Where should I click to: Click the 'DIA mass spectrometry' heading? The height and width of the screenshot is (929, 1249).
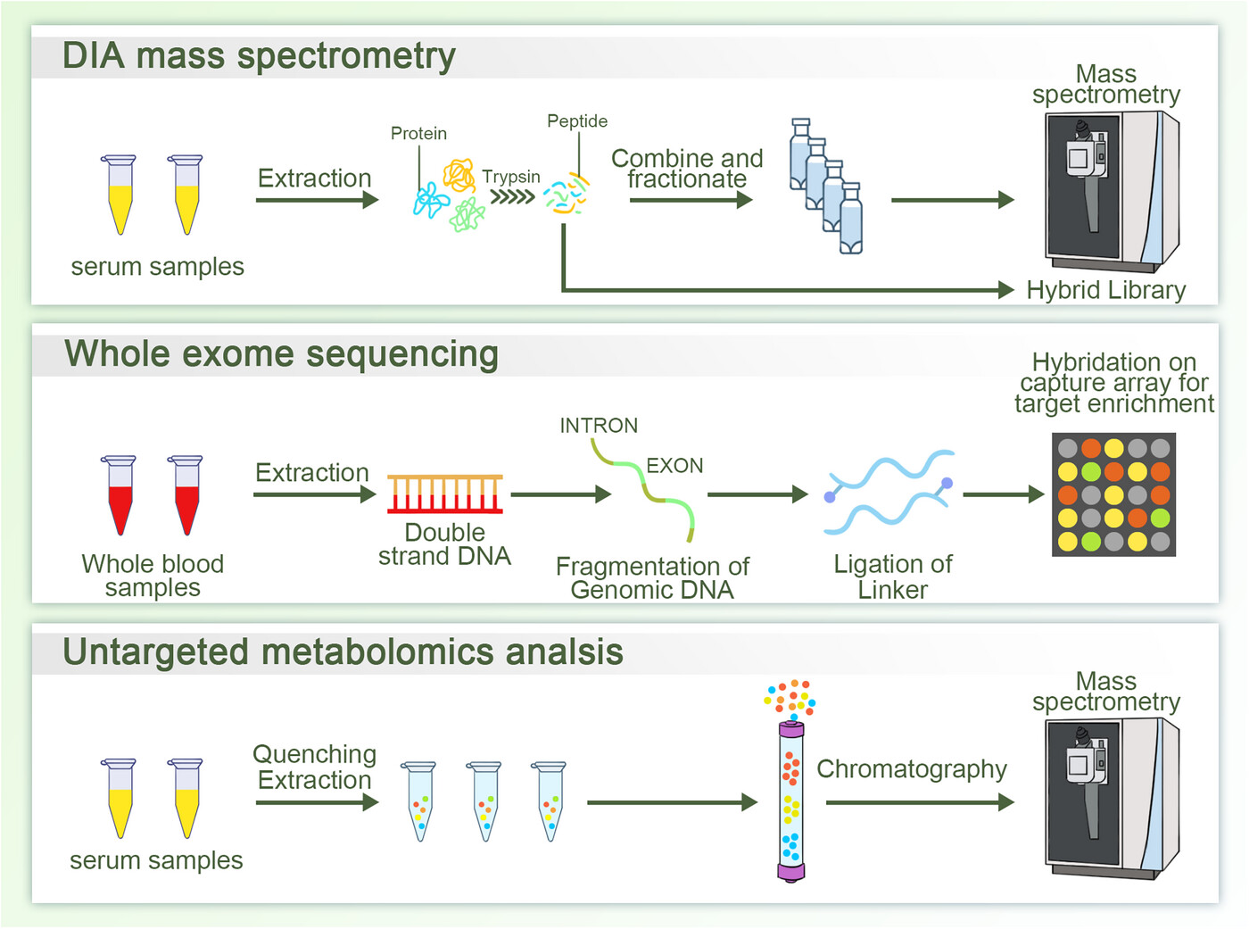259,56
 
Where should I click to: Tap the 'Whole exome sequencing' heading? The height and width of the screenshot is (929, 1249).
281,355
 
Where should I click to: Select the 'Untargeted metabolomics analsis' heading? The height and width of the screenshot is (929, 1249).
343,651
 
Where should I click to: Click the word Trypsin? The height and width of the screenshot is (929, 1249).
510,178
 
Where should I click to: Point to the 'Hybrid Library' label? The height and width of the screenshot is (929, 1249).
1106,291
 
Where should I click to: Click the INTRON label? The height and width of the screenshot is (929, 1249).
599,426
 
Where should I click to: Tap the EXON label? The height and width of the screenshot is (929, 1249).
674,466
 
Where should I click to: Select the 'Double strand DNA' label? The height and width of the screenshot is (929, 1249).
445,544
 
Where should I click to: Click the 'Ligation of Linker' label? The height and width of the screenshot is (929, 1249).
893,576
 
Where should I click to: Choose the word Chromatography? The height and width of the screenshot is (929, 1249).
912,769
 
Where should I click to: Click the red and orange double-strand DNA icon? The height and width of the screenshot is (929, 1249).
445,494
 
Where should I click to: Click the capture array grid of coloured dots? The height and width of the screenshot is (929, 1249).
1114,494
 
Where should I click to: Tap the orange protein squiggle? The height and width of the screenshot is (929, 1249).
459,176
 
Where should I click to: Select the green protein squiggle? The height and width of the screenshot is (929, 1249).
467,215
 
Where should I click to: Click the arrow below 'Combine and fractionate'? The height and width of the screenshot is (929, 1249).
691,200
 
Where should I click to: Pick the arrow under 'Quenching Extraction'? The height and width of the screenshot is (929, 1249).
317,803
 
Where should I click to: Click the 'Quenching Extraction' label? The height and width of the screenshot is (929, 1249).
315,767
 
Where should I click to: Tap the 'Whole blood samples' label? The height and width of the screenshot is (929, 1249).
153,576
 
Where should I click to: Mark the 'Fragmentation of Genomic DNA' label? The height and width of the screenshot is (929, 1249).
653,578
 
